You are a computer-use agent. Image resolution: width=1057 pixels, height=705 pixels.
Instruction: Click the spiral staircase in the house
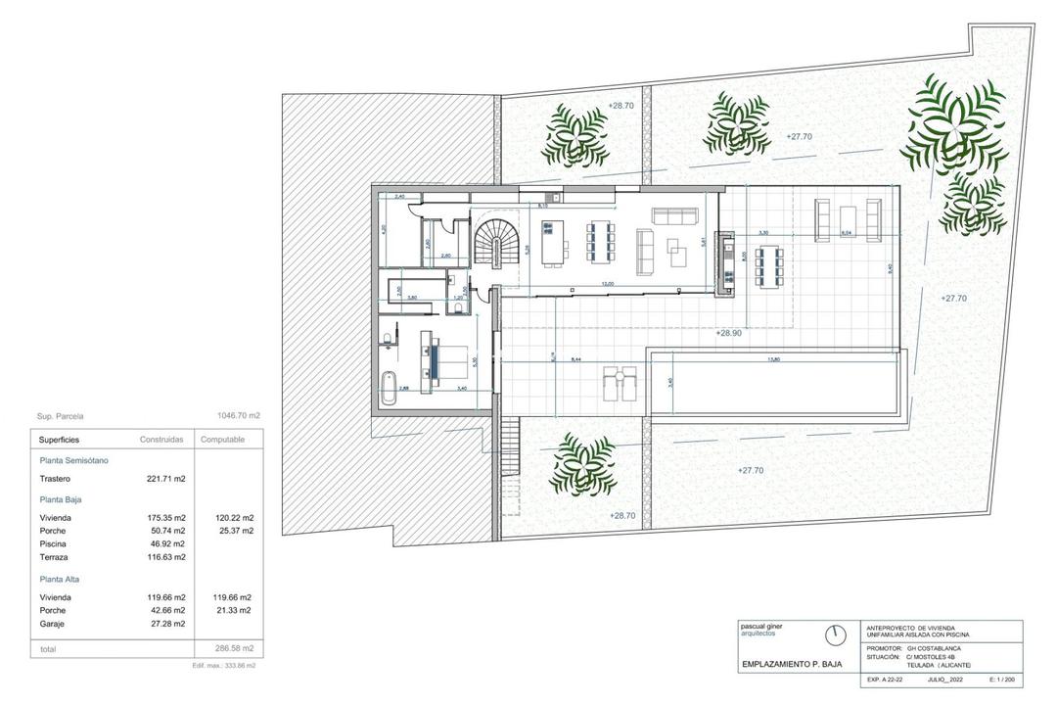pos(499,243)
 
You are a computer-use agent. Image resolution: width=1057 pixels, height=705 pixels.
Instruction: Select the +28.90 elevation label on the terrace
pos(729,333)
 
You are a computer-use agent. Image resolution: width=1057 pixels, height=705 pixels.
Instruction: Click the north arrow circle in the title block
pos(835,634)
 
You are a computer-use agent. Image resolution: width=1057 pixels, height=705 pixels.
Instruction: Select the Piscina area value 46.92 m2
pos(165,543)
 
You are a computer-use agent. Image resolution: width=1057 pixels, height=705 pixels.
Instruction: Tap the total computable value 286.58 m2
pos(234,648)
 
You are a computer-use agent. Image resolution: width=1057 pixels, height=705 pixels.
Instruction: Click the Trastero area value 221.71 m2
pos(165,479)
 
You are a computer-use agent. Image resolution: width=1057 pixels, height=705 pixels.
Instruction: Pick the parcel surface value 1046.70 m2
pos(238,415)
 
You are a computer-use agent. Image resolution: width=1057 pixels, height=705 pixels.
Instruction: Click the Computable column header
pos(223,440)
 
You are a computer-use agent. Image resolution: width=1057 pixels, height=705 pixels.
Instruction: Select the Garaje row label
pos(53,623)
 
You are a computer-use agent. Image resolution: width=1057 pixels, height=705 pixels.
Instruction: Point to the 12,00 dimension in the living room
pos(608,284)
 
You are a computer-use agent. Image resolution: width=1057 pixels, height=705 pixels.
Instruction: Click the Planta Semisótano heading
pos(74,459)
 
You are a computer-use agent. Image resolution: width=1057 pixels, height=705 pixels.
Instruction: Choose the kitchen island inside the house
pos(551,242)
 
